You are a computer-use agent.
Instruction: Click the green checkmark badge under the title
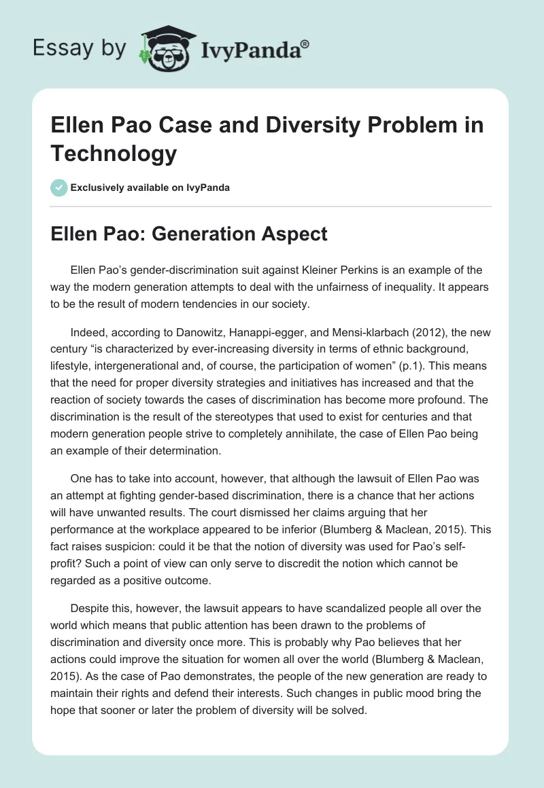[58, 187]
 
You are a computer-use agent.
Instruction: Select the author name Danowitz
[191, 334]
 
